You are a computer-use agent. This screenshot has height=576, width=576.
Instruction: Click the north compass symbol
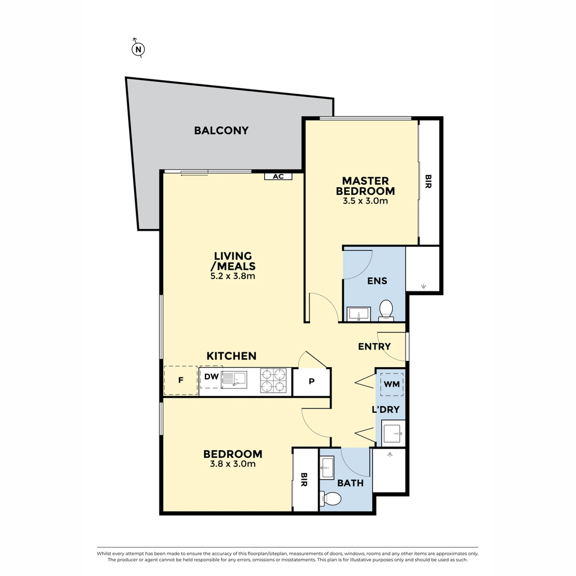(x=138, y=49)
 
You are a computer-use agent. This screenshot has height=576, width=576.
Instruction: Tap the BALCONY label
(x=221, y=130)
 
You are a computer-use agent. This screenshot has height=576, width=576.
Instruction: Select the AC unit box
(x=278, y=176)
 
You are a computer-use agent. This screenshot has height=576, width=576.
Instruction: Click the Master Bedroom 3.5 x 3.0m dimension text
(x=365, y=201)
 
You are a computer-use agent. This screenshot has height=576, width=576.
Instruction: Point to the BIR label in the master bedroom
(x=428, y=181)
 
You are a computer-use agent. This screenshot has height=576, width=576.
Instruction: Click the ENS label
(x=377, y=281)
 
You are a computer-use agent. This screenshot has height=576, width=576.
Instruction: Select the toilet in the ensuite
(x=386, y=310)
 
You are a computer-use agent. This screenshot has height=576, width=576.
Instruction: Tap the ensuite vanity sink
(x=359, y=314)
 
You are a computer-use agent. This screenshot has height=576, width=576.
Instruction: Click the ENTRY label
(x=374, y=346)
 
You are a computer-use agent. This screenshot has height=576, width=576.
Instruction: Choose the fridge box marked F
(x=181, y=380)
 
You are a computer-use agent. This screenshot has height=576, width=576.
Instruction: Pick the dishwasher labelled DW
(x=211, y=377)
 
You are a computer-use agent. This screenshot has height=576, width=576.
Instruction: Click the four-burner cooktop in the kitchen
(x=273, y=381)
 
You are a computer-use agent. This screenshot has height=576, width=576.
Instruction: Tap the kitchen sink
(x=234, y=380)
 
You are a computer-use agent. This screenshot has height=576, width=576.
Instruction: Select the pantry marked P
(x=311, y=382)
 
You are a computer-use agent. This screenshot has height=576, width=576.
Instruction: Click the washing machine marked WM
(x=392, y=385)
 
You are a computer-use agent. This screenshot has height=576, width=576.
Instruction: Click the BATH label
(x=350, y=483)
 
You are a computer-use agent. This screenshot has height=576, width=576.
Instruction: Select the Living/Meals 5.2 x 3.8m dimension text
(x=233, y=276)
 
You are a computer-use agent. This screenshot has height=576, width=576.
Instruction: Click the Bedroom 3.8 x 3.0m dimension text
(x=233, y=464)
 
